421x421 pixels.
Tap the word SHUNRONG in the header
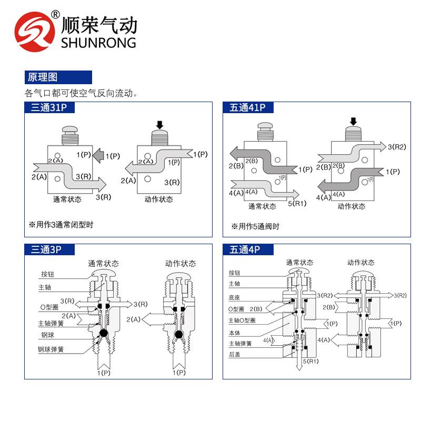pos(98,43)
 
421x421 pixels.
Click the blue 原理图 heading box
pos(58,77)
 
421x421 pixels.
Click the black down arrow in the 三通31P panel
pos(159,125)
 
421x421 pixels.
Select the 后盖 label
pos(234,355)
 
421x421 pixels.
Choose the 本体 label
pos(234,333)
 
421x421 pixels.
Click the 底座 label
pos(234,297)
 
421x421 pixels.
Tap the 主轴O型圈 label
pos(242,320)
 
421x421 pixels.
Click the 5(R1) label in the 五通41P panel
pos(297,204)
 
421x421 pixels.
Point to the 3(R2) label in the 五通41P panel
pos(397,147)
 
